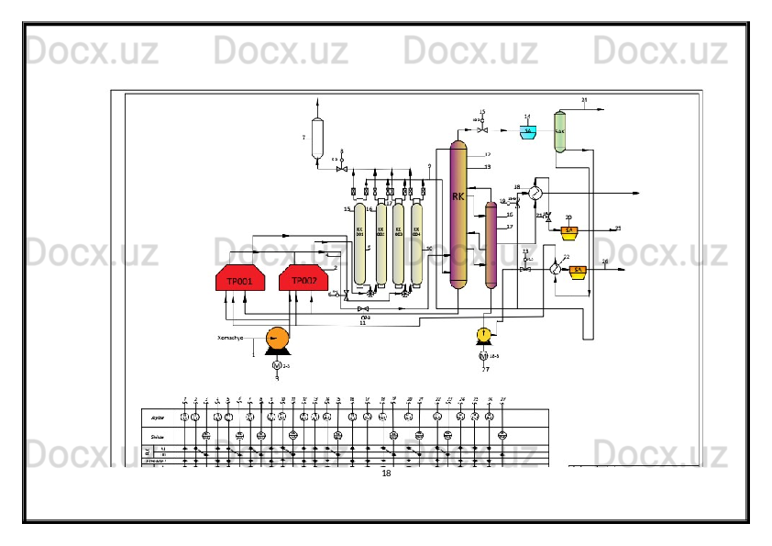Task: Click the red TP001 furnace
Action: tap(240, 279)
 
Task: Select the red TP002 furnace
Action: tap(303, 278)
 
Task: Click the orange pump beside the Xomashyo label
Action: tap(275, 339)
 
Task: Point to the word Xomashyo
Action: tap(229, 338)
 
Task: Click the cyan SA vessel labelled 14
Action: tap(529, 131)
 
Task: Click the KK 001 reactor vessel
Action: tap(360, 243)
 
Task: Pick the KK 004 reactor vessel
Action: tap(417, 243)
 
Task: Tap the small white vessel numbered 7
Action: tap(317, 138)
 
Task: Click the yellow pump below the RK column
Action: tap(484, 334)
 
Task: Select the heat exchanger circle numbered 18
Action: tap(535, 192)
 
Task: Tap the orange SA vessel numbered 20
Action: tap(568, 230)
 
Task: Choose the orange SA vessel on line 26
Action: tap(578, 271)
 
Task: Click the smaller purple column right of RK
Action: tap(491, 245)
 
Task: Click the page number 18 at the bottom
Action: tap(386, 474)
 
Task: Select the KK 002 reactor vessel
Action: tap(380, 243)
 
